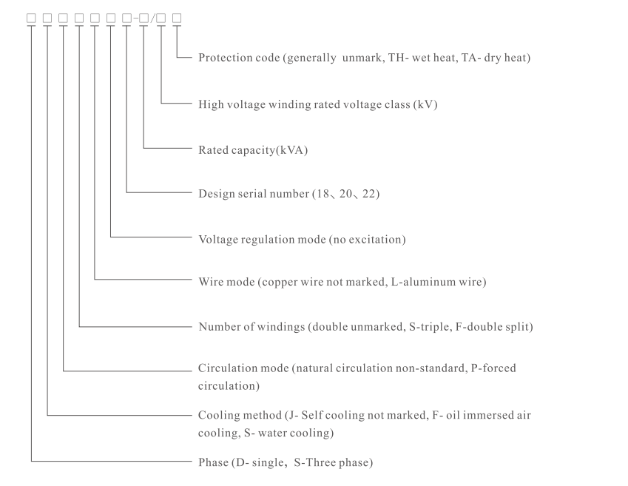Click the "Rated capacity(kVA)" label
(252, 150)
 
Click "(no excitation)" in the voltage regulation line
(365, 240)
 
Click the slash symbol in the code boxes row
(152, 17)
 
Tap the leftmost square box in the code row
(31, 17)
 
